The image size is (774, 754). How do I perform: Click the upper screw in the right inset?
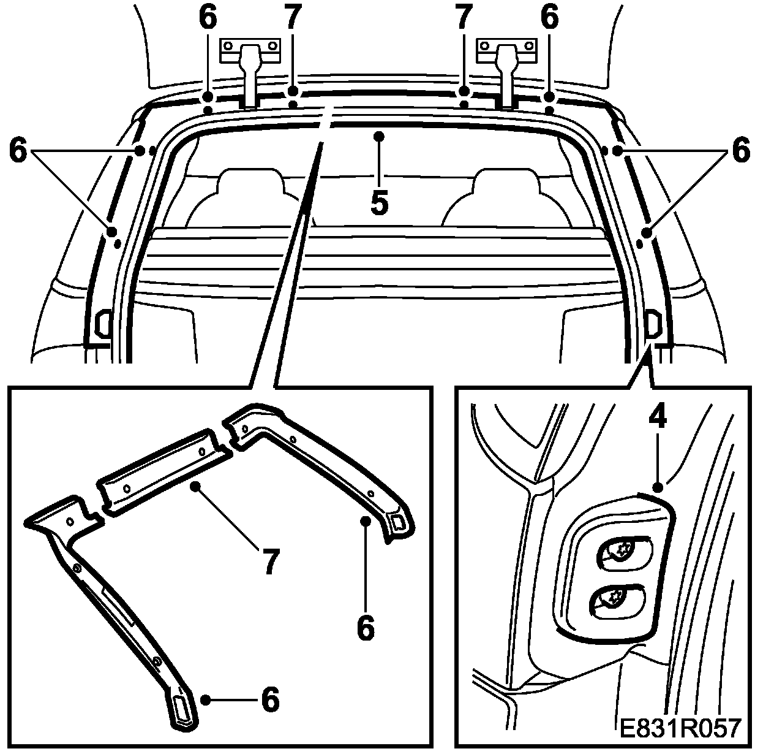[x=622, y=550]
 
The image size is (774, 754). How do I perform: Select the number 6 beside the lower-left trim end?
[x=270, y=699]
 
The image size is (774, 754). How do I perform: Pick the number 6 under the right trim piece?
[x=365, y=628]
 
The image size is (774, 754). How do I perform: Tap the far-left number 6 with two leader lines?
[x=18, y=150]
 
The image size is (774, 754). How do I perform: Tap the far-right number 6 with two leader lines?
[x=741, y=150]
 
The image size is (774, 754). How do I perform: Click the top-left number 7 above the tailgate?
[x=293, y=18]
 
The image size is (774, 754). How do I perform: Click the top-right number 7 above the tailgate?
[x=464, y=18]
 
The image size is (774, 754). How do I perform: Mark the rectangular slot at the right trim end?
[x=397, y=522]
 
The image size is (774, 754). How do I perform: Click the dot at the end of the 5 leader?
[x=380, y=134]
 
